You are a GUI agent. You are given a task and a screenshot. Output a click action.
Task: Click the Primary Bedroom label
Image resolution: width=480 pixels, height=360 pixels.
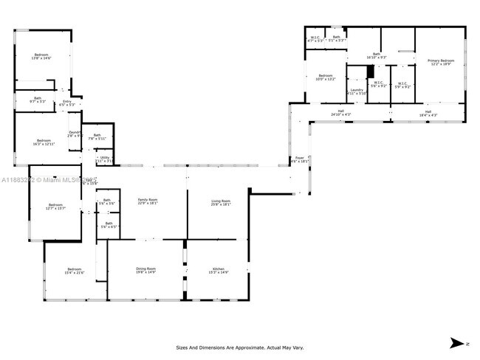point(442,62)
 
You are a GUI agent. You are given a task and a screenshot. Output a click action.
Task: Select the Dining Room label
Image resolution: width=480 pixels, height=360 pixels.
point(145,271)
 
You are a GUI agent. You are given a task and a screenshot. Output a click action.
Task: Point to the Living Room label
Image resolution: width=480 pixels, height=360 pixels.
point(221,202)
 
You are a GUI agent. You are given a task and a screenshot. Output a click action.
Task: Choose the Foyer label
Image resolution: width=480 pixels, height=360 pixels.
point(300,159)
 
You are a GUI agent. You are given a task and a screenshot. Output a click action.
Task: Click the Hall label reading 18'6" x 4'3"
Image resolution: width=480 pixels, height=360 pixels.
point(428,114)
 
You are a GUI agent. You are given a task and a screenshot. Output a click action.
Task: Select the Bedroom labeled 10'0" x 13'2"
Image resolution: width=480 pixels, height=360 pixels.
point(326,77)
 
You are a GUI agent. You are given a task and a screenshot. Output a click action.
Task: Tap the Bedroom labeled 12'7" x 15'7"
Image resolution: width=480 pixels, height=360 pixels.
point(56,207)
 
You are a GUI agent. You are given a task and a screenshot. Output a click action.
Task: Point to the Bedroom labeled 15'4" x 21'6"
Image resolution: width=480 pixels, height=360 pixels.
point(75,271)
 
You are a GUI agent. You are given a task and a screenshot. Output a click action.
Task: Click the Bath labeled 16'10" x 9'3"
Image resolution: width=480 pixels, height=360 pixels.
point(376,55)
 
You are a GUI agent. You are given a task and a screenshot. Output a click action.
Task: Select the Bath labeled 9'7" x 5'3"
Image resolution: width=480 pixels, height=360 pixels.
point(37,100)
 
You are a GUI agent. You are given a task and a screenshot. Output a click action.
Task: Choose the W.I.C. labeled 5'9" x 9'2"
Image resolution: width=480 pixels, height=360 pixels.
point(402,85)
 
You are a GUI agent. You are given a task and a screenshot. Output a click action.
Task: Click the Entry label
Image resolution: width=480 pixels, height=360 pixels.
point(66,103)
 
